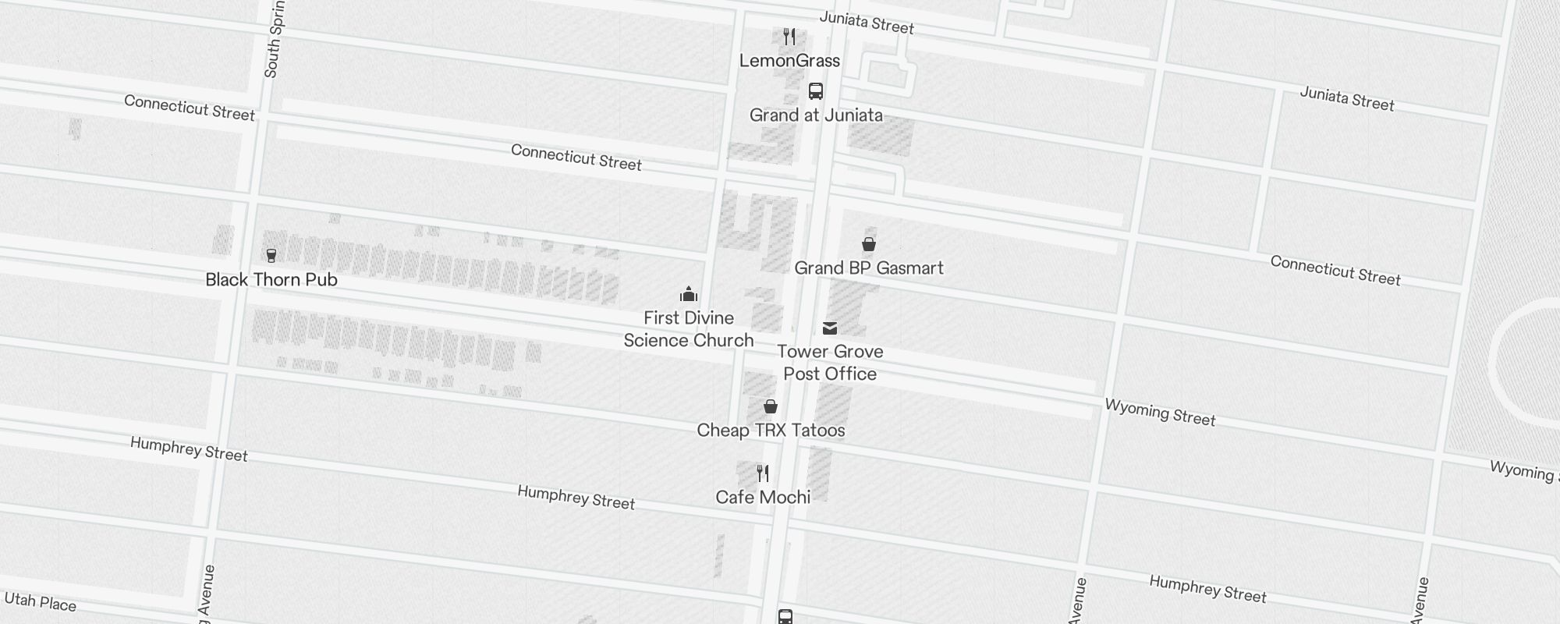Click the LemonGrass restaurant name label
point(789,61)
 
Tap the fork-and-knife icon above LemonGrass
point(789,37)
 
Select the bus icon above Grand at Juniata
point(816,91)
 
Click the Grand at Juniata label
point(816,115)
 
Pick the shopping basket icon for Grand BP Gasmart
point(869,244)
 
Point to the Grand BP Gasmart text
point(869,268)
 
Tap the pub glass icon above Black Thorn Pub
point(271,255)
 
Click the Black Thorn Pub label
point(271,280)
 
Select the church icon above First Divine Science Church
point(689,294)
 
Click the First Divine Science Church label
point(689,329)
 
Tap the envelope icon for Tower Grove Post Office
point(830,328)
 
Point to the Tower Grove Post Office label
point(830,363)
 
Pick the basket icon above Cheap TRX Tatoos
point(771,406)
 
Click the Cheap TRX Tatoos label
point(771,431)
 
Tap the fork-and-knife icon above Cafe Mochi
point(763,473)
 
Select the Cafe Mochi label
point(763,498)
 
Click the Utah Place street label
point(41,602)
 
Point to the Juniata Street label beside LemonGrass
point(867,23)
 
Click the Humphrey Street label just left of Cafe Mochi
point(576,497)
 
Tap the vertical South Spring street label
point(274,39)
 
